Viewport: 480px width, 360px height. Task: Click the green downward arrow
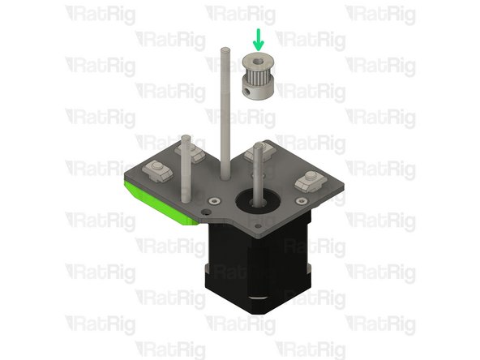point(259,38)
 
